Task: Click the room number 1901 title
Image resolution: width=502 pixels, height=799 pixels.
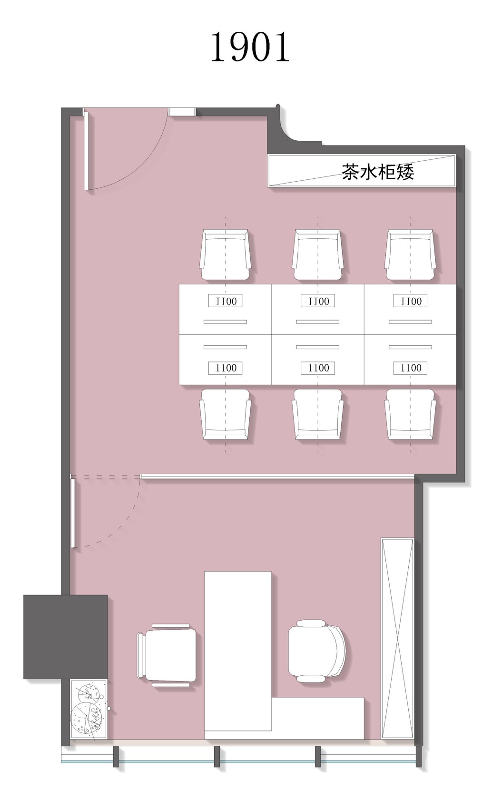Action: [250, 48]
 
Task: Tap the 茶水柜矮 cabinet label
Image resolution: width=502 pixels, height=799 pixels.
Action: [378, 172]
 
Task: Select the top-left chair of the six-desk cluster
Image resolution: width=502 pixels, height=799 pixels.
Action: [225, 255]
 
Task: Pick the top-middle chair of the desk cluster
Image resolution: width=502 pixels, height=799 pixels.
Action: [317, 255]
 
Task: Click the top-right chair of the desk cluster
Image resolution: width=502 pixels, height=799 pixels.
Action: [410, 255]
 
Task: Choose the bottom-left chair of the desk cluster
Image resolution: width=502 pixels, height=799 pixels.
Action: [225, 414]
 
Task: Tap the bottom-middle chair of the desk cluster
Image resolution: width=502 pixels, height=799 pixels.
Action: [317, 414]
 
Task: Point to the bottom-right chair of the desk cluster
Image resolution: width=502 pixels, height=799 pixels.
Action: [410, 414]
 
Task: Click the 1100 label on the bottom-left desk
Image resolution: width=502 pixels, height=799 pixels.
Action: [226, 368]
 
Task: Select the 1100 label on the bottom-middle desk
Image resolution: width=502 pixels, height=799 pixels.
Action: [318, 368]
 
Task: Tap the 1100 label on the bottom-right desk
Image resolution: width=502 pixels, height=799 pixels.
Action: [410, 368]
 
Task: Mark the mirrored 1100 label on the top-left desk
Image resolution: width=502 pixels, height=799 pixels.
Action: [226, 301]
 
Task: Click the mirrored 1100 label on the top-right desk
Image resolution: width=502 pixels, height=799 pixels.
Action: [410, 301]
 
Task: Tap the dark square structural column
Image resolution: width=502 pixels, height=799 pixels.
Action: [66, 637]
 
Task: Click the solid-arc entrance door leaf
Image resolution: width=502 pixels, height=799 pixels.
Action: [86, 149]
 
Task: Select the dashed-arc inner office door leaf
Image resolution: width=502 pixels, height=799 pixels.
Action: [73, 513]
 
